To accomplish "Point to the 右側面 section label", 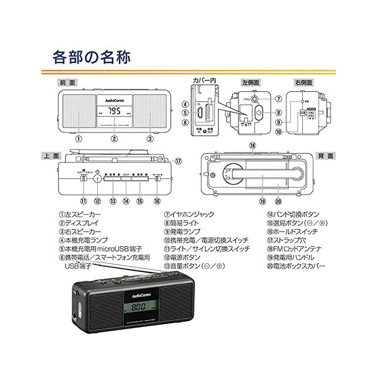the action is [304, 83].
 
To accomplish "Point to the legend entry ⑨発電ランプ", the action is [184, 232].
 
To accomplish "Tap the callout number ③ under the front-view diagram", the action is [150, 139].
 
